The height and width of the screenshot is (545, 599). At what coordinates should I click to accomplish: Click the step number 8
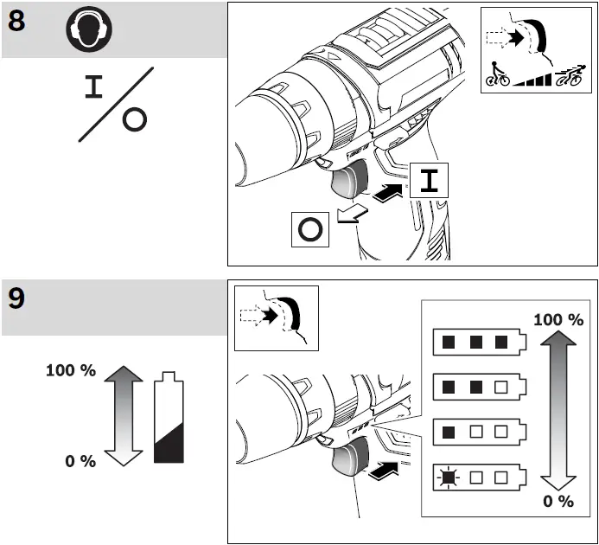click(16, 22)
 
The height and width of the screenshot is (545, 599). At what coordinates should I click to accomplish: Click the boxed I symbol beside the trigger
click(430, 182)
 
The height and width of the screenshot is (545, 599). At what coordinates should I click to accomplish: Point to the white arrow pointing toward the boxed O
click(350, 215)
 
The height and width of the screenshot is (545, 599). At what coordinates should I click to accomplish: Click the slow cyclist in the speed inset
click(496, 76)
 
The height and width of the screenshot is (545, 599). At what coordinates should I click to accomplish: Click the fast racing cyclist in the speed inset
click(570, 76)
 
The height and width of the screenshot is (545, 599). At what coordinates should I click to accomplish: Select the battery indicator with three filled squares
click(476, 342)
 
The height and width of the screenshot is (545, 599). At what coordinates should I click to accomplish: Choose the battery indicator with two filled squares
click(476, 384)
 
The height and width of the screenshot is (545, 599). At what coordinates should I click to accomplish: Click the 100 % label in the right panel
click(558, 319)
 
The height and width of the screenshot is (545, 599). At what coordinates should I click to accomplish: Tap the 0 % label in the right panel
click(558, 501)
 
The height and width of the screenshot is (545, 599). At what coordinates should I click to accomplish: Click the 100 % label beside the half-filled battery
click(70, 370)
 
